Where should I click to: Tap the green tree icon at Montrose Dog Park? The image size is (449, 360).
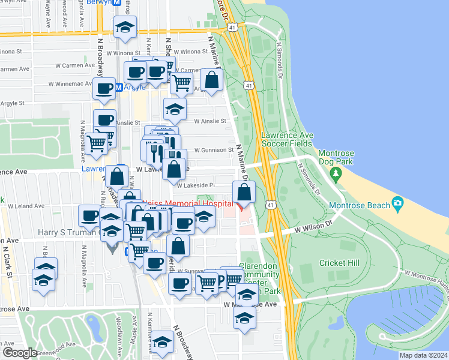pyautogui.click(x=336, y=175)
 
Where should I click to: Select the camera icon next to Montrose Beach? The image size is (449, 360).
pyautogui.click(x=397, y=203)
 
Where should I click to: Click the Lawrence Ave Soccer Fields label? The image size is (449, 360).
pyautogui.click(x=286, y=139)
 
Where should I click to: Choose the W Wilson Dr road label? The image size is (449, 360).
pyautogui.click(x=313, y=227)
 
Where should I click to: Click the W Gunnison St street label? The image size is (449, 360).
pyautogui.click(x=213, y=150)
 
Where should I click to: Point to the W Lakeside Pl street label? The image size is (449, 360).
pyautogui.click(x=196, y=185)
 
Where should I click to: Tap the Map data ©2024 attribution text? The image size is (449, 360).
pyautogui.click(x=423, y=355)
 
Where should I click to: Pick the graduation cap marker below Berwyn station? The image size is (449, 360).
pyautogui.click(x=125, y=28)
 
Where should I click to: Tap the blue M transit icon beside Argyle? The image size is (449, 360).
pyautogui.click(x=119, y=87)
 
